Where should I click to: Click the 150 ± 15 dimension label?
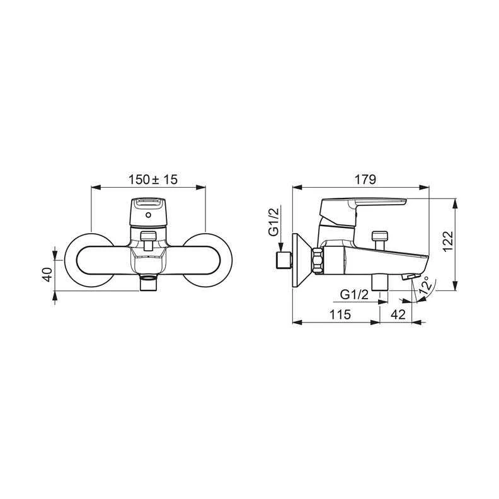[152, 180]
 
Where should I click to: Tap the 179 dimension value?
[365, 180]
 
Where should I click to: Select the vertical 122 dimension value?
[448, 241]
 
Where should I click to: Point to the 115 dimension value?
[340, 314]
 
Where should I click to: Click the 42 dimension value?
[398, 314]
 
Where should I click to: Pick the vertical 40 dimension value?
[47, 274]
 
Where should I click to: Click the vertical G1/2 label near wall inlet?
[273, 222]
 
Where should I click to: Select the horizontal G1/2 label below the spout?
[354, 295]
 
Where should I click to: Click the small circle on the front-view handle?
[148, 215]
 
